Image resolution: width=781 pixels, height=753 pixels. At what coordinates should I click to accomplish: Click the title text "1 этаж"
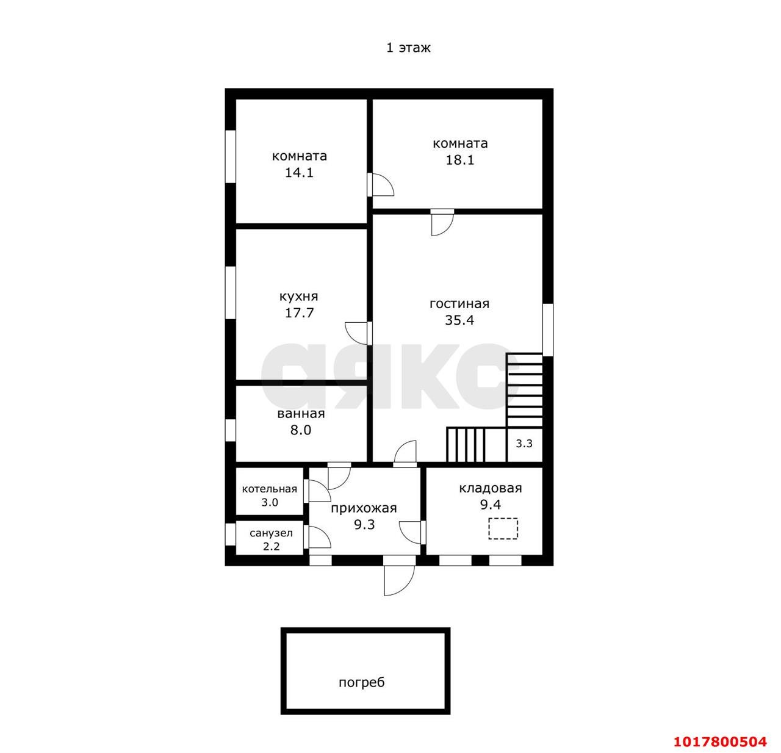[408, 48]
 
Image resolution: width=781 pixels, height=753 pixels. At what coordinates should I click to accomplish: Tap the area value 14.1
[299, 173]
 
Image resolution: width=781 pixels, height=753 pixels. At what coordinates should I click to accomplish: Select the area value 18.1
[460, 160]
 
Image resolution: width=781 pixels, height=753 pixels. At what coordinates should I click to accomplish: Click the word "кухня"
[298, 297]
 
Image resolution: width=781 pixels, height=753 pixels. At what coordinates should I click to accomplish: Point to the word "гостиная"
[459, 304]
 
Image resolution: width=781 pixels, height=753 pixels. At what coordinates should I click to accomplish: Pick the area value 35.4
[459, 320]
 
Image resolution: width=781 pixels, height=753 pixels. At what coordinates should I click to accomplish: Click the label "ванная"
[301, 414]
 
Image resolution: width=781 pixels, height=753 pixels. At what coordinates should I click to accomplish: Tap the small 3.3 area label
[524, 444]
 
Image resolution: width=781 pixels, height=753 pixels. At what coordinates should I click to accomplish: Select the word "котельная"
[270, 489]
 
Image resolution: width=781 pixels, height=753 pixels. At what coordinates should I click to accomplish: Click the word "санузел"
[272, 533]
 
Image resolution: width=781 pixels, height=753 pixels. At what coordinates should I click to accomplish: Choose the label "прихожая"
[364, 508]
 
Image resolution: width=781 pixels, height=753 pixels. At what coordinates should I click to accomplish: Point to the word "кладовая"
[491, 489]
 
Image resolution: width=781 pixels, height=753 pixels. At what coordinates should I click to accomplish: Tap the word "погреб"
[362, 682]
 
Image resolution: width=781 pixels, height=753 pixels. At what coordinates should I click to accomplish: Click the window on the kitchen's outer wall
[230, 293]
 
